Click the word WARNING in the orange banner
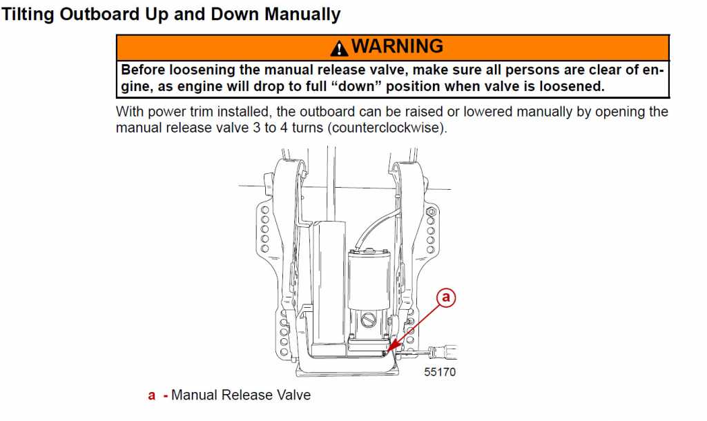397,46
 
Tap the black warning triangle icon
339,48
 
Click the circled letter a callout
446,297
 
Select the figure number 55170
440,372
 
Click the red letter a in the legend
151,395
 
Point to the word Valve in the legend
293,395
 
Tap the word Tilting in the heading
28,14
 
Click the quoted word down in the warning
356,86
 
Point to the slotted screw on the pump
369,320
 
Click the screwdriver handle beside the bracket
444,350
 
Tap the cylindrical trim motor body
369,279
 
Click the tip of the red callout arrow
387,351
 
